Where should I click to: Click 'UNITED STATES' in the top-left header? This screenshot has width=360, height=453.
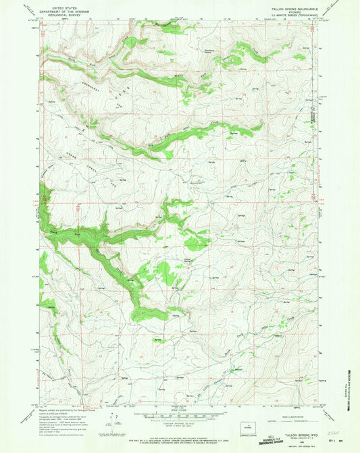(x=59, y=4)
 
